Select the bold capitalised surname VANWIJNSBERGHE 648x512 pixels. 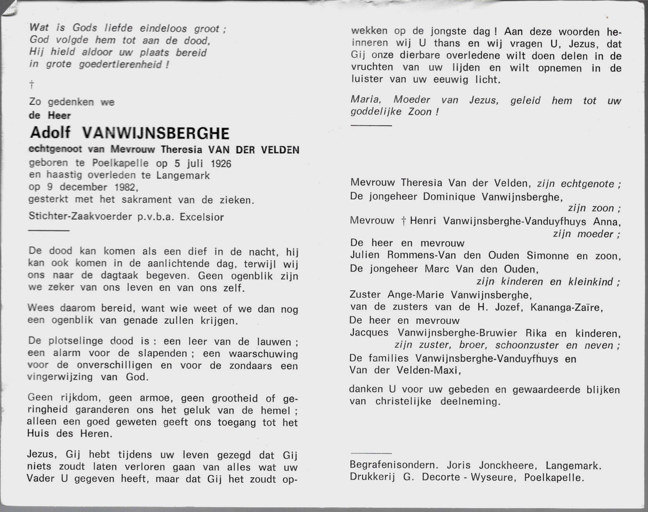point(156,134)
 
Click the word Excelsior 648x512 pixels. point(202,217)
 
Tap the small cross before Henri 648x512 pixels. point(403,221)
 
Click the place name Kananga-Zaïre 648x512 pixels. point(566,308)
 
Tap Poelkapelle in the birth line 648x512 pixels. point(120,163)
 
